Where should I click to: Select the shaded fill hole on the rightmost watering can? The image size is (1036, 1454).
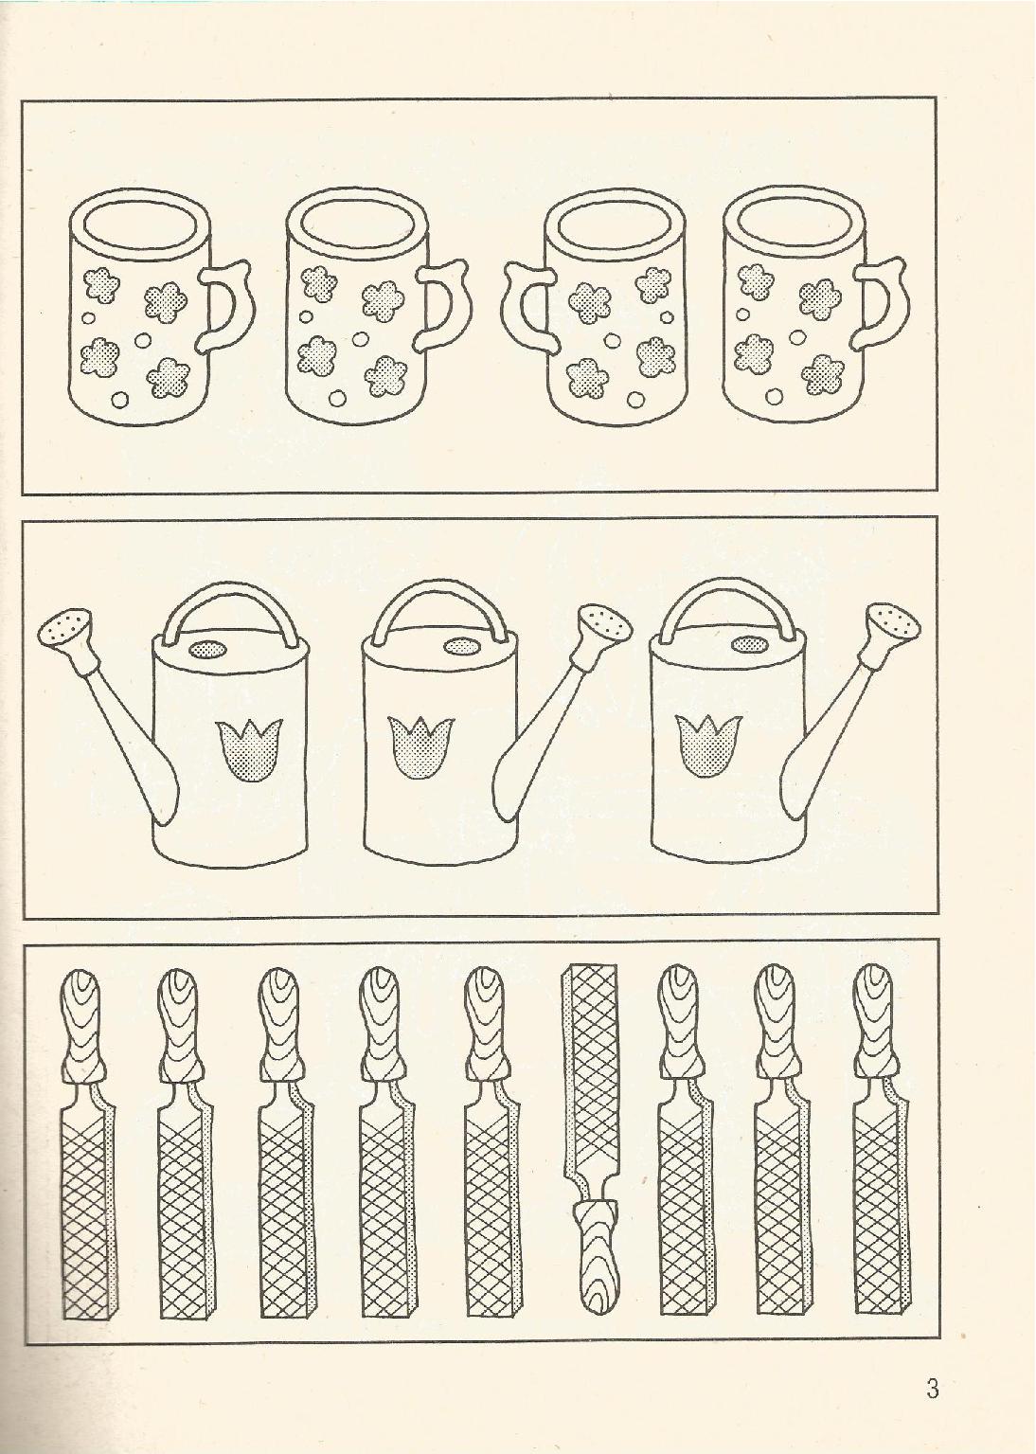pos(748,644)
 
